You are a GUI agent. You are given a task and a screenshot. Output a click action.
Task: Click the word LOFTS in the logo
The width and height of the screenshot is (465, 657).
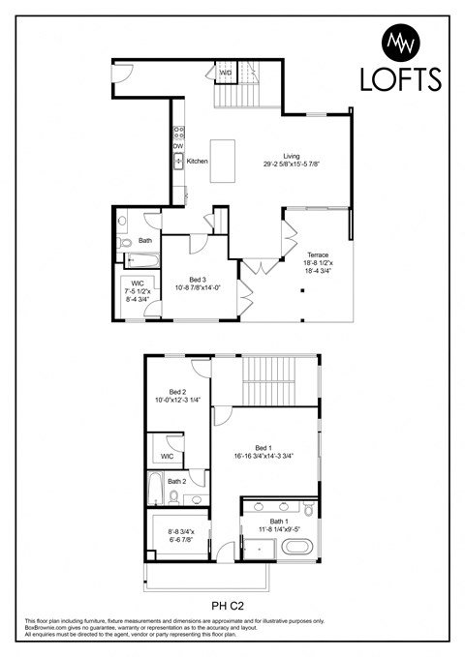tap(400, 78)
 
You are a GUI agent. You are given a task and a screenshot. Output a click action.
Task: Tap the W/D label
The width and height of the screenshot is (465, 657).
tap(225, 73)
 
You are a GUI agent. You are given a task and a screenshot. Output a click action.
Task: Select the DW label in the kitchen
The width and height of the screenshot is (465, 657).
tap(178, 146)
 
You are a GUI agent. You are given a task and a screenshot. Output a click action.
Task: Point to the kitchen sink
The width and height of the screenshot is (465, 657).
tap(179, 162)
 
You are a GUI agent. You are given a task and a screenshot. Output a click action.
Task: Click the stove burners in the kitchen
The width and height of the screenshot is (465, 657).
tap(178, 131)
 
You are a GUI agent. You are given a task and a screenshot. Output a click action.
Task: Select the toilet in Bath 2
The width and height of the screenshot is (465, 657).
tap(172, 497)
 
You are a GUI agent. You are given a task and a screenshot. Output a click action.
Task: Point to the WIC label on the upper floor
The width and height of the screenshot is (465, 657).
tap(167, 456)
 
